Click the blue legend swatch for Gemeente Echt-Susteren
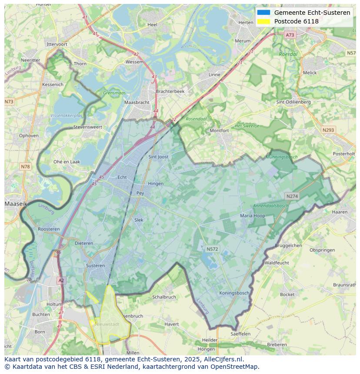(x=263, y=13)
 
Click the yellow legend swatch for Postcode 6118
(x=263, y=21)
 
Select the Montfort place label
(x=219, y=130)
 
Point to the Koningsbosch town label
(x=234, y=293)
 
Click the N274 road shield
(x=292, y=196)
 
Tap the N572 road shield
(x=212, y=249)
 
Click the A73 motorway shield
(x=290, y=35)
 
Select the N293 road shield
(x=328, y=130)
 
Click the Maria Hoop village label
(x=253, y=215)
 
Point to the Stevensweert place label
(x=87, y=127)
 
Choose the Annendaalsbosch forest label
(x=271, y=206)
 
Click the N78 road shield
(x=25, y=167)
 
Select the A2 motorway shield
(x=61, y=281)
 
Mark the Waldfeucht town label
(x=277, y=263)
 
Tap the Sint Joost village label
(x=158, y=157)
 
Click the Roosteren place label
(x=49, y=229)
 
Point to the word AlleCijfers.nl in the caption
(x=223, y=359)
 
